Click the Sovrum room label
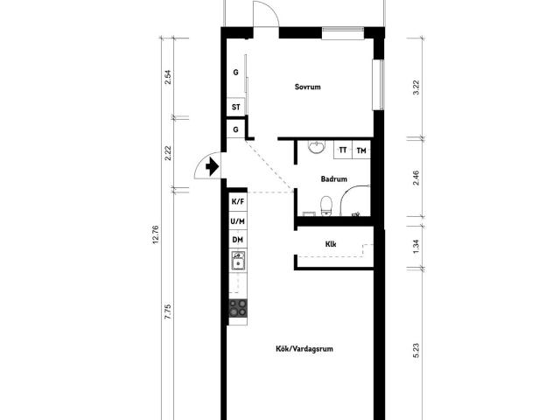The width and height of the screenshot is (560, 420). [x=307, y=87]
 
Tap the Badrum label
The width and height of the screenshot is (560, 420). [x=334, y=178]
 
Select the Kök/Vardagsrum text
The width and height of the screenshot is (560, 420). [x=304, y=348]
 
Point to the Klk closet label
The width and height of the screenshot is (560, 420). [x=331, y=244]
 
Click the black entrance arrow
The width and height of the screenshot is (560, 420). [x=212, y=166]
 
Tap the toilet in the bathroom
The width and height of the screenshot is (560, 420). [x=326, y=206]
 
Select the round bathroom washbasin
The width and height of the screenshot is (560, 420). [x=317, y=146]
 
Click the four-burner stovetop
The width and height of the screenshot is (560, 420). [x=238, y=308]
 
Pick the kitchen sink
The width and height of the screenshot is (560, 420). [x=238, y=261]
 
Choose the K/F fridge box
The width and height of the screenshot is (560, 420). [x=238, y=202]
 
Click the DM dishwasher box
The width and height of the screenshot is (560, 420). [x=238, y=240]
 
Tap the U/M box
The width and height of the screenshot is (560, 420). [x=238, y=221]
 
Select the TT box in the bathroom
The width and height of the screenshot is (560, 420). [x=343, y=150]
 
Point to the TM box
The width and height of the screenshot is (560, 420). [x=361, y=150]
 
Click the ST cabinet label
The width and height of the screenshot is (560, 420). [x=236, y=107]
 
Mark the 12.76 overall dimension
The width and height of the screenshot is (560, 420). [x=156, y=234]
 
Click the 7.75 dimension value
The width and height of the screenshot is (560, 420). [x=168, y=311]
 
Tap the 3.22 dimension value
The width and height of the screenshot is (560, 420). [x=416, y=87]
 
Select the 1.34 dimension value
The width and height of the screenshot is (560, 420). [x=416, y=247]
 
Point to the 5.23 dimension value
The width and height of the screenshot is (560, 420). [x=416, y=350]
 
